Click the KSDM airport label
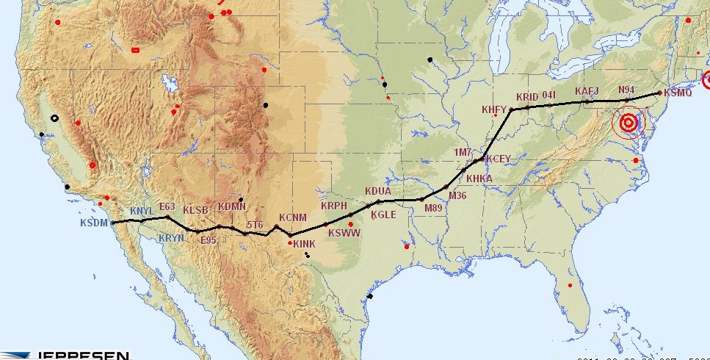94,223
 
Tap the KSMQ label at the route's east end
677,93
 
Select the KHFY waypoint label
494,109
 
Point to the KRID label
527,97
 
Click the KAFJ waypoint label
587,91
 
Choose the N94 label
626,90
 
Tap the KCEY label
499,159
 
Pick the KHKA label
479,179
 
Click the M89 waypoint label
433,209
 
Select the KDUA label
377,192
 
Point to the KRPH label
333,206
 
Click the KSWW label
344,233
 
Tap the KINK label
304,244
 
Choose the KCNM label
292,217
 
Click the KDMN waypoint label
232,206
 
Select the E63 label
167,206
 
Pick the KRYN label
171,237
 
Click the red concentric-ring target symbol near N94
628,123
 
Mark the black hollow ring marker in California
54,118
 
